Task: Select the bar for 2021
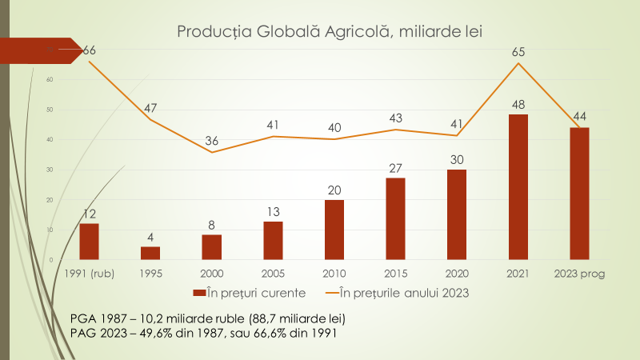(x=518, y=187)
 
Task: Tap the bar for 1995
(x=150, y=253)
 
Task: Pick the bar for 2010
(x=334, y=230)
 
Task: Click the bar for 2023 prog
(x=579, y=194)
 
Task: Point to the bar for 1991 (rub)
(x=89, y=242)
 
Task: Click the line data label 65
(x=518, y=53)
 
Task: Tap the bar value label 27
(x=395, y=168)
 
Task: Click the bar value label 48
(x=518, y=105)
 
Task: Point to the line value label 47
(x=150, y=109)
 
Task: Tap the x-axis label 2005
(x=273, y=273)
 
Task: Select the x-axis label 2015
(x=395, y=273)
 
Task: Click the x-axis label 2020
(x=457, y=273)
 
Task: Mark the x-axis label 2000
(x=212, y=273)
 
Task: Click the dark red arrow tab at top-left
(x=40, y=50)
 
